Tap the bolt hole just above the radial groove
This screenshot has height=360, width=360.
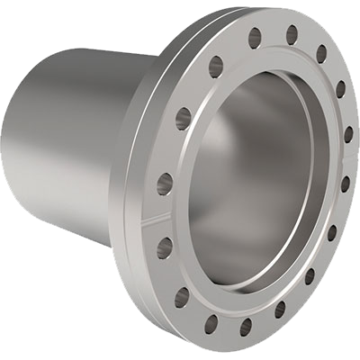(163, 186)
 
